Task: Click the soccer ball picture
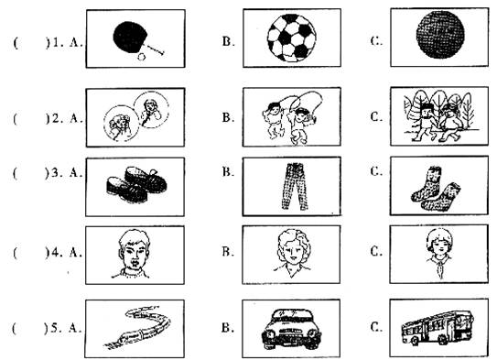coord(292,38)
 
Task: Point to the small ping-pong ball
coord(141,57)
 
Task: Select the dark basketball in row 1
coord(440,35)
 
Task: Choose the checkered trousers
coord(295,186)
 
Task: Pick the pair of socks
coord(436,189)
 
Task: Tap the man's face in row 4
coord(134,254)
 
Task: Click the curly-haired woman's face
coord(292,253)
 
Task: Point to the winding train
coord(137,327)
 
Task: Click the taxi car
coord(292,329)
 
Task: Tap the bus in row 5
coord(438,328)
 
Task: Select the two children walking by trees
coord(439,115)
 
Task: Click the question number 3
coord(55,172)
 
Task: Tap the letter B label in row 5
coord(227,327)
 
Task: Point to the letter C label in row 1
coord(376,41)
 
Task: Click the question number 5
coord(55,328)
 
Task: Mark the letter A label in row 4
coord(75,252)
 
